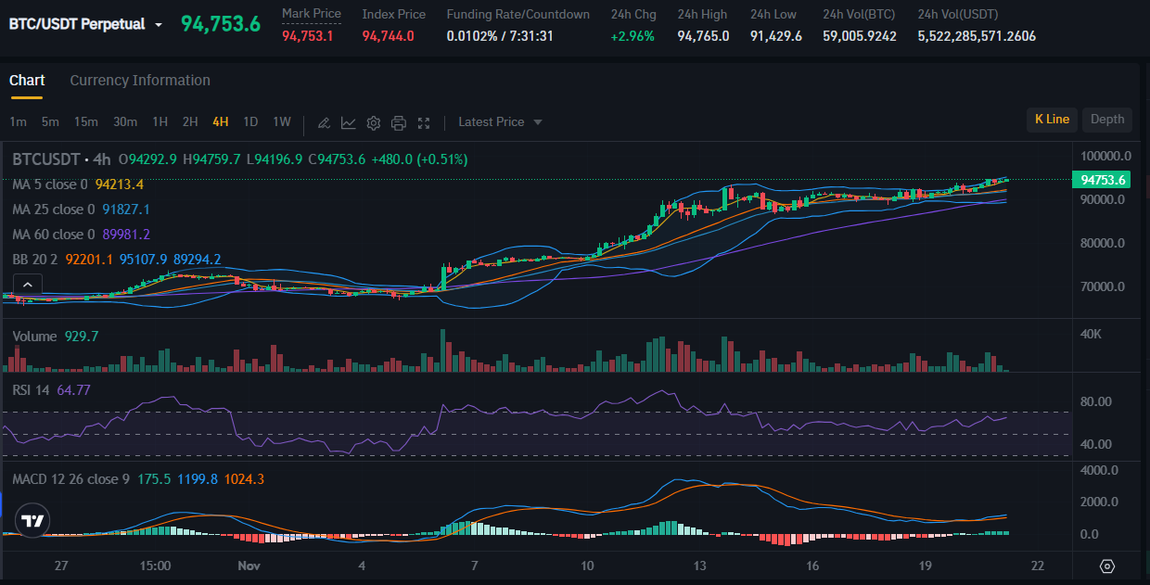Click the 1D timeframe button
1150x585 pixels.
click(250, 121)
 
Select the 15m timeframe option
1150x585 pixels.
click(86, 121)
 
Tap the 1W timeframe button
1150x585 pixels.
click(282, 121)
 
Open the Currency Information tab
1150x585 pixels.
click(140, 81)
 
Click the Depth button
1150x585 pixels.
click(1106, 120)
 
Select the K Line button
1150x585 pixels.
click(1052, 120)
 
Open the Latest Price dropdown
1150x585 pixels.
click(500, 122)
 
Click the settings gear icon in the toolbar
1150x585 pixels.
click(374, 122)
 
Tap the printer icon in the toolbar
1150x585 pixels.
click(399, 122)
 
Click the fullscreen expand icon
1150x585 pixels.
click(424, 122)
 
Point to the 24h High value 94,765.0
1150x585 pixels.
click(703, 36)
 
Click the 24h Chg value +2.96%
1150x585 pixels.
click(632, 36)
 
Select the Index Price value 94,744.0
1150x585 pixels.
click(388, 36)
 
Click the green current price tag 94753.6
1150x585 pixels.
click(1103, 180)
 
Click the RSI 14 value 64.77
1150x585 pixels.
click(73, 390)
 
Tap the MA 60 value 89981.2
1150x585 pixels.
click(128, 235)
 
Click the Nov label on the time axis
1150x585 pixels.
click(248, 566)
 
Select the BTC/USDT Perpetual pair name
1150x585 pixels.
click(77, 24)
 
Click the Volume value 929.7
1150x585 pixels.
click(82, 337)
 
